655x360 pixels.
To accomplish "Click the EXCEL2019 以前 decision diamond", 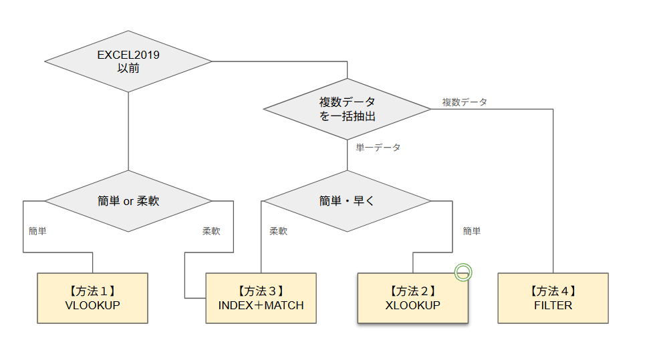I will [x=128, y=61].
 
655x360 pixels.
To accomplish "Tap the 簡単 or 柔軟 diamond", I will [x=128, y=200].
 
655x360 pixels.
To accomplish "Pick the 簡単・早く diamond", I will [x=347, y=200].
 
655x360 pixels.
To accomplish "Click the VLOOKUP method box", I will [x=92, y=298].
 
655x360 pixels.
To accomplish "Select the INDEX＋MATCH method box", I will [x=261, y=298].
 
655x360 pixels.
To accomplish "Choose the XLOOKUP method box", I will [x=412, y=298].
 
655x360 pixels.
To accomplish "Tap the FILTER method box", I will [x=553, y=298].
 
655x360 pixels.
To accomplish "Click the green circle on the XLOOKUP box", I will [x=463, y=272].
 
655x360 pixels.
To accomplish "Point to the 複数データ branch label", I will [x=465, y=102].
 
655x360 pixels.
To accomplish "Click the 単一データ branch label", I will [x=378, y=148].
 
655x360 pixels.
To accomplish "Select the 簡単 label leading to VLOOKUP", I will [x=37, y=231].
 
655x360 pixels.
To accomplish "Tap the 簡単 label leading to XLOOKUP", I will [x=472, y=231].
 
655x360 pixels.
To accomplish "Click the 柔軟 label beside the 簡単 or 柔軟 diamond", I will [x=211, y=231].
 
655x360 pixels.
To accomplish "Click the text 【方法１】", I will [x=92, y=291].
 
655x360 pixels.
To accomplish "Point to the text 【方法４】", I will [x=553, y=291].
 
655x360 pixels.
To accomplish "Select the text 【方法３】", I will [x=261, y=291].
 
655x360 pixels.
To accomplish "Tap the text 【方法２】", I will [x=412, y=291].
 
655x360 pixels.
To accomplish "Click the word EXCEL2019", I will [x=128, y=55].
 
